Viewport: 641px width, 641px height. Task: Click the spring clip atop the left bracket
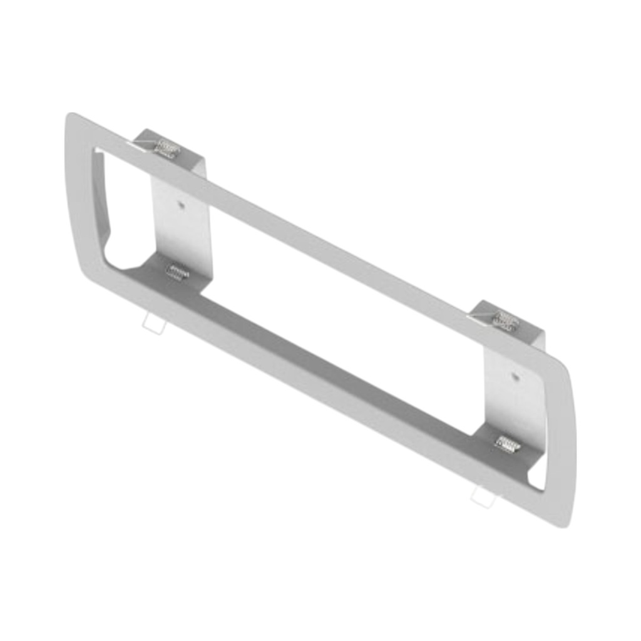tap(167, 148)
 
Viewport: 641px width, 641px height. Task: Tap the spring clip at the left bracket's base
tap(178, 272)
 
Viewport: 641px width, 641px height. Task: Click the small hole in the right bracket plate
tap(515, 376)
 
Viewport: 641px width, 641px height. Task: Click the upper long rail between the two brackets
tap(338, 250)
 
